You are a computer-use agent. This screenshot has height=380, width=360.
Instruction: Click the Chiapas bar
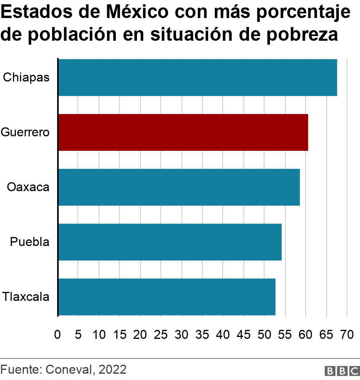tap(198, 78)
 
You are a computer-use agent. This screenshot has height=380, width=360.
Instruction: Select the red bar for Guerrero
tap(183, 132)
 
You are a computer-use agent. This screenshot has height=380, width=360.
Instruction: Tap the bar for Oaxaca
tap(179, 187)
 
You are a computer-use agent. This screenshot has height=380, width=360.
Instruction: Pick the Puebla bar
tap(170, 242)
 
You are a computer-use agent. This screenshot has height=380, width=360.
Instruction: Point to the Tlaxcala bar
tap(167, 297)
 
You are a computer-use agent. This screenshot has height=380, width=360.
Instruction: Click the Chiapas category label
tap(26, 78)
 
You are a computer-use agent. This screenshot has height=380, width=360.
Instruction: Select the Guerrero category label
tap(25, 132)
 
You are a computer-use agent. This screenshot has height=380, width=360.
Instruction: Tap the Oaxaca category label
tap(28, 187)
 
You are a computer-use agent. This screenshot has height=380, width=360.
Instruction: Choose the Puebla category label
tap(30, 242)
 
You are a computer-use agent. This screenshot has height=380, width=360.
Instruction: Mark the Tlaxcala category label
tap(26, 297)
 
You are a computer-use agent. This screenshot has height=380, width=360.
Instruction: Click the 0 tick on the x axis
tap(58, 335)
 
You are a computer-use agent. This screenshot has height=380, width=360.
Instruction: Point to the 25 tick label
tap(161, 335)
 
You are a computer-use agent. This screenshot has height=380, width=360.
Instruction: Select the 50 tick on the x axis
tap(264, 335)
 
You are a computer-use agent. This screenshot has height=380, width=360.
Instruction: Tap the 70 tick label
tap(347, 335)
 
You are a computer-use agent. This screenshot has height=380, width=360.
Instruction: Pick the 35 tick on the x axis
tap(202, 335)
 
